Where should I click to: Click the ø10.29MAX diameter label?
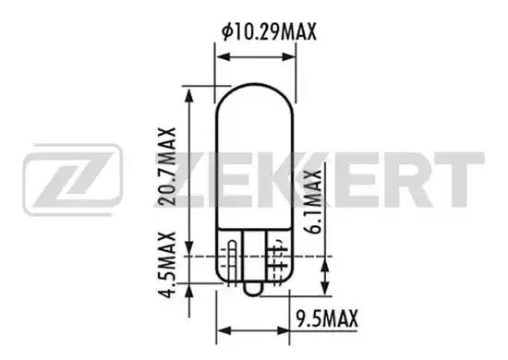pos(270,33)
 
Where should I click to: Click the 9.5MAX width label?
pos(326,320)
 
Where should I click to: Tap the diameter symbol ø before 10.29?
pos(227,33)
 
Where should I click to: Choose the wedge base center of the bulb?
pos(254,258)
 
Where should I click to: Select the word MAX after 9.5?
pos(338,320)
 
